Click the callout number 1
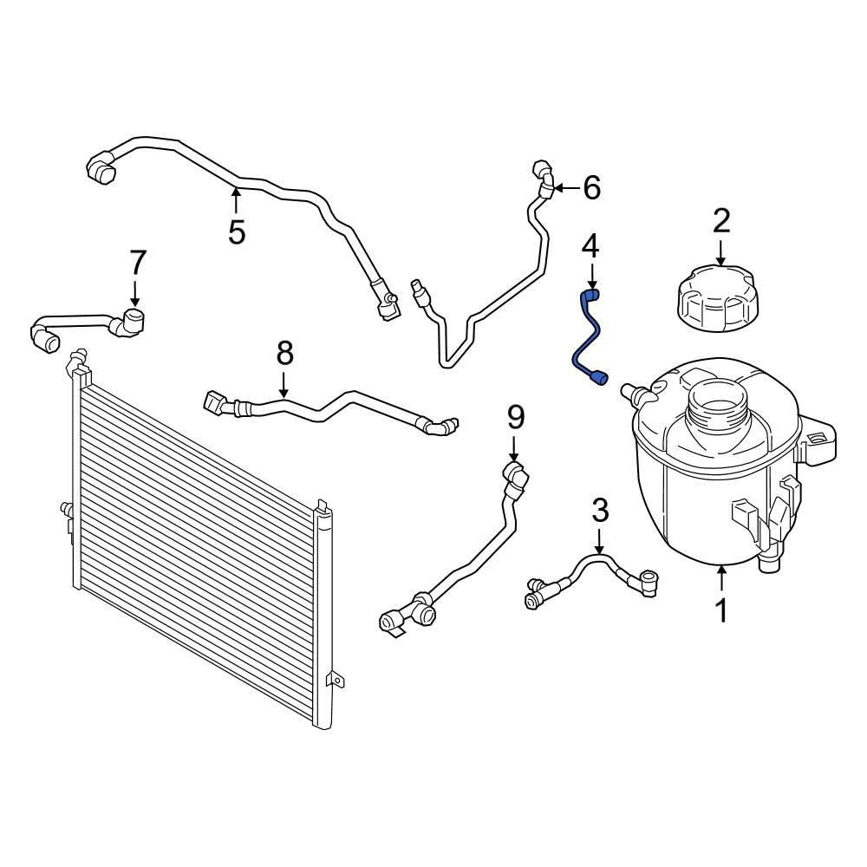(721, 610)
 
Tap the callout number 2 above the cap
(721, 220)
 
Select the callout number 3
(600, 510)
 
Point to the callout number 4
(590, 246)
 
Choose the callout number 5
(236, 231)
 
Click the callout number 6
(591, 187)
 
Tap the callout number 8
(284, 353)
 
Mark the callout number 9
(515, 418)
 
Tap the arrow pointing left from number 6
(566, 188)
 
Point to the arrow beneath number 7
(135, 292)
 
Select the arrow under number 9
(514, 448)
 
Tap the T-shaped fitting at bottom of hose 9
(408, 615)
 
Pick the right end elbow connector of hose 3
(645, 583)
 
